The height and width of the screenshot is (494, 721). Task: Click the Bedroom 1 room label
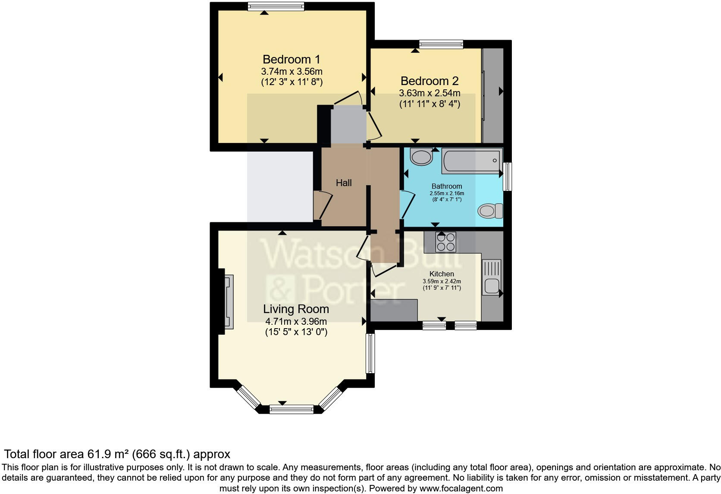(292, 60)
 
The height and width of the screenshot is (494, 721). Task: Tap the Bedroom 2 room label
(429, 81)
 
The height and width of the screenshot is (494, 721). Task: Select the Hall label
(344, 183)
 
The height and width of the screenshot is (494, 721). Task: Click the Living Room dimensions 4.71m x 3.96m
(296, 321)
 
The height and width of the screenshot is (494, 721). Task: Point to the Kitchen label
(442, 274)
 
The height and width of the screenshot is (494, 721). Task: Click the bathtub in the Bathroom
(472, 160)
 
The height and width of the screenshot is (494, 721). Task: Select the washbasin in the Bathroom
(421, 157)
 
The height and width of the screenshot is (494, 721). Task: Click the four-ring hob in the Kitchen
(446, 242)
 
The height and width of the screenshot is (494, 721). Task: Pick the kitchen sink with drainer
(492, 277)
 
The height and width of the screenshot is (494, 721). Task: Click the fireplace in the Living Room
(229, 301)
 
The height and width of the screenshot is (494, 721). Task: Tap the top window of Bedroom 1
(276, 6)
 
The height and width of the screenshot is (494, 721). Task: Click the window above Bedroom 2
(441, 44)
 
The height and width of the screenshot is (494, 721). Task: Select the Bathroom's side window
(508, 176)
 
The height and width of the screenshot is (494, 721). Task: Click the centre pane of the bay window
(292, 409)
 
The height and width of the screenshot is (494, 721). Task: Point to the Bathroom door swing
(407, 204)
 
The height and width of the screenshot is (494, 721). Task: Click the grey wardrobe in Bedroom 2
(492, 95)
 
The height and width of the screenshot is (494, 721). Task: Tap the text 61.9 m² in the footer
(108, 454)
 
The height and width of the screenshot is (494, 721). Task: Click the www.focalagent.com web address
(461, 488)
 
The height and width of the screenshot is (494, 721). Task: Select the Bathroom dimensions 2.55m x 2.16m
(447, 193)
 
